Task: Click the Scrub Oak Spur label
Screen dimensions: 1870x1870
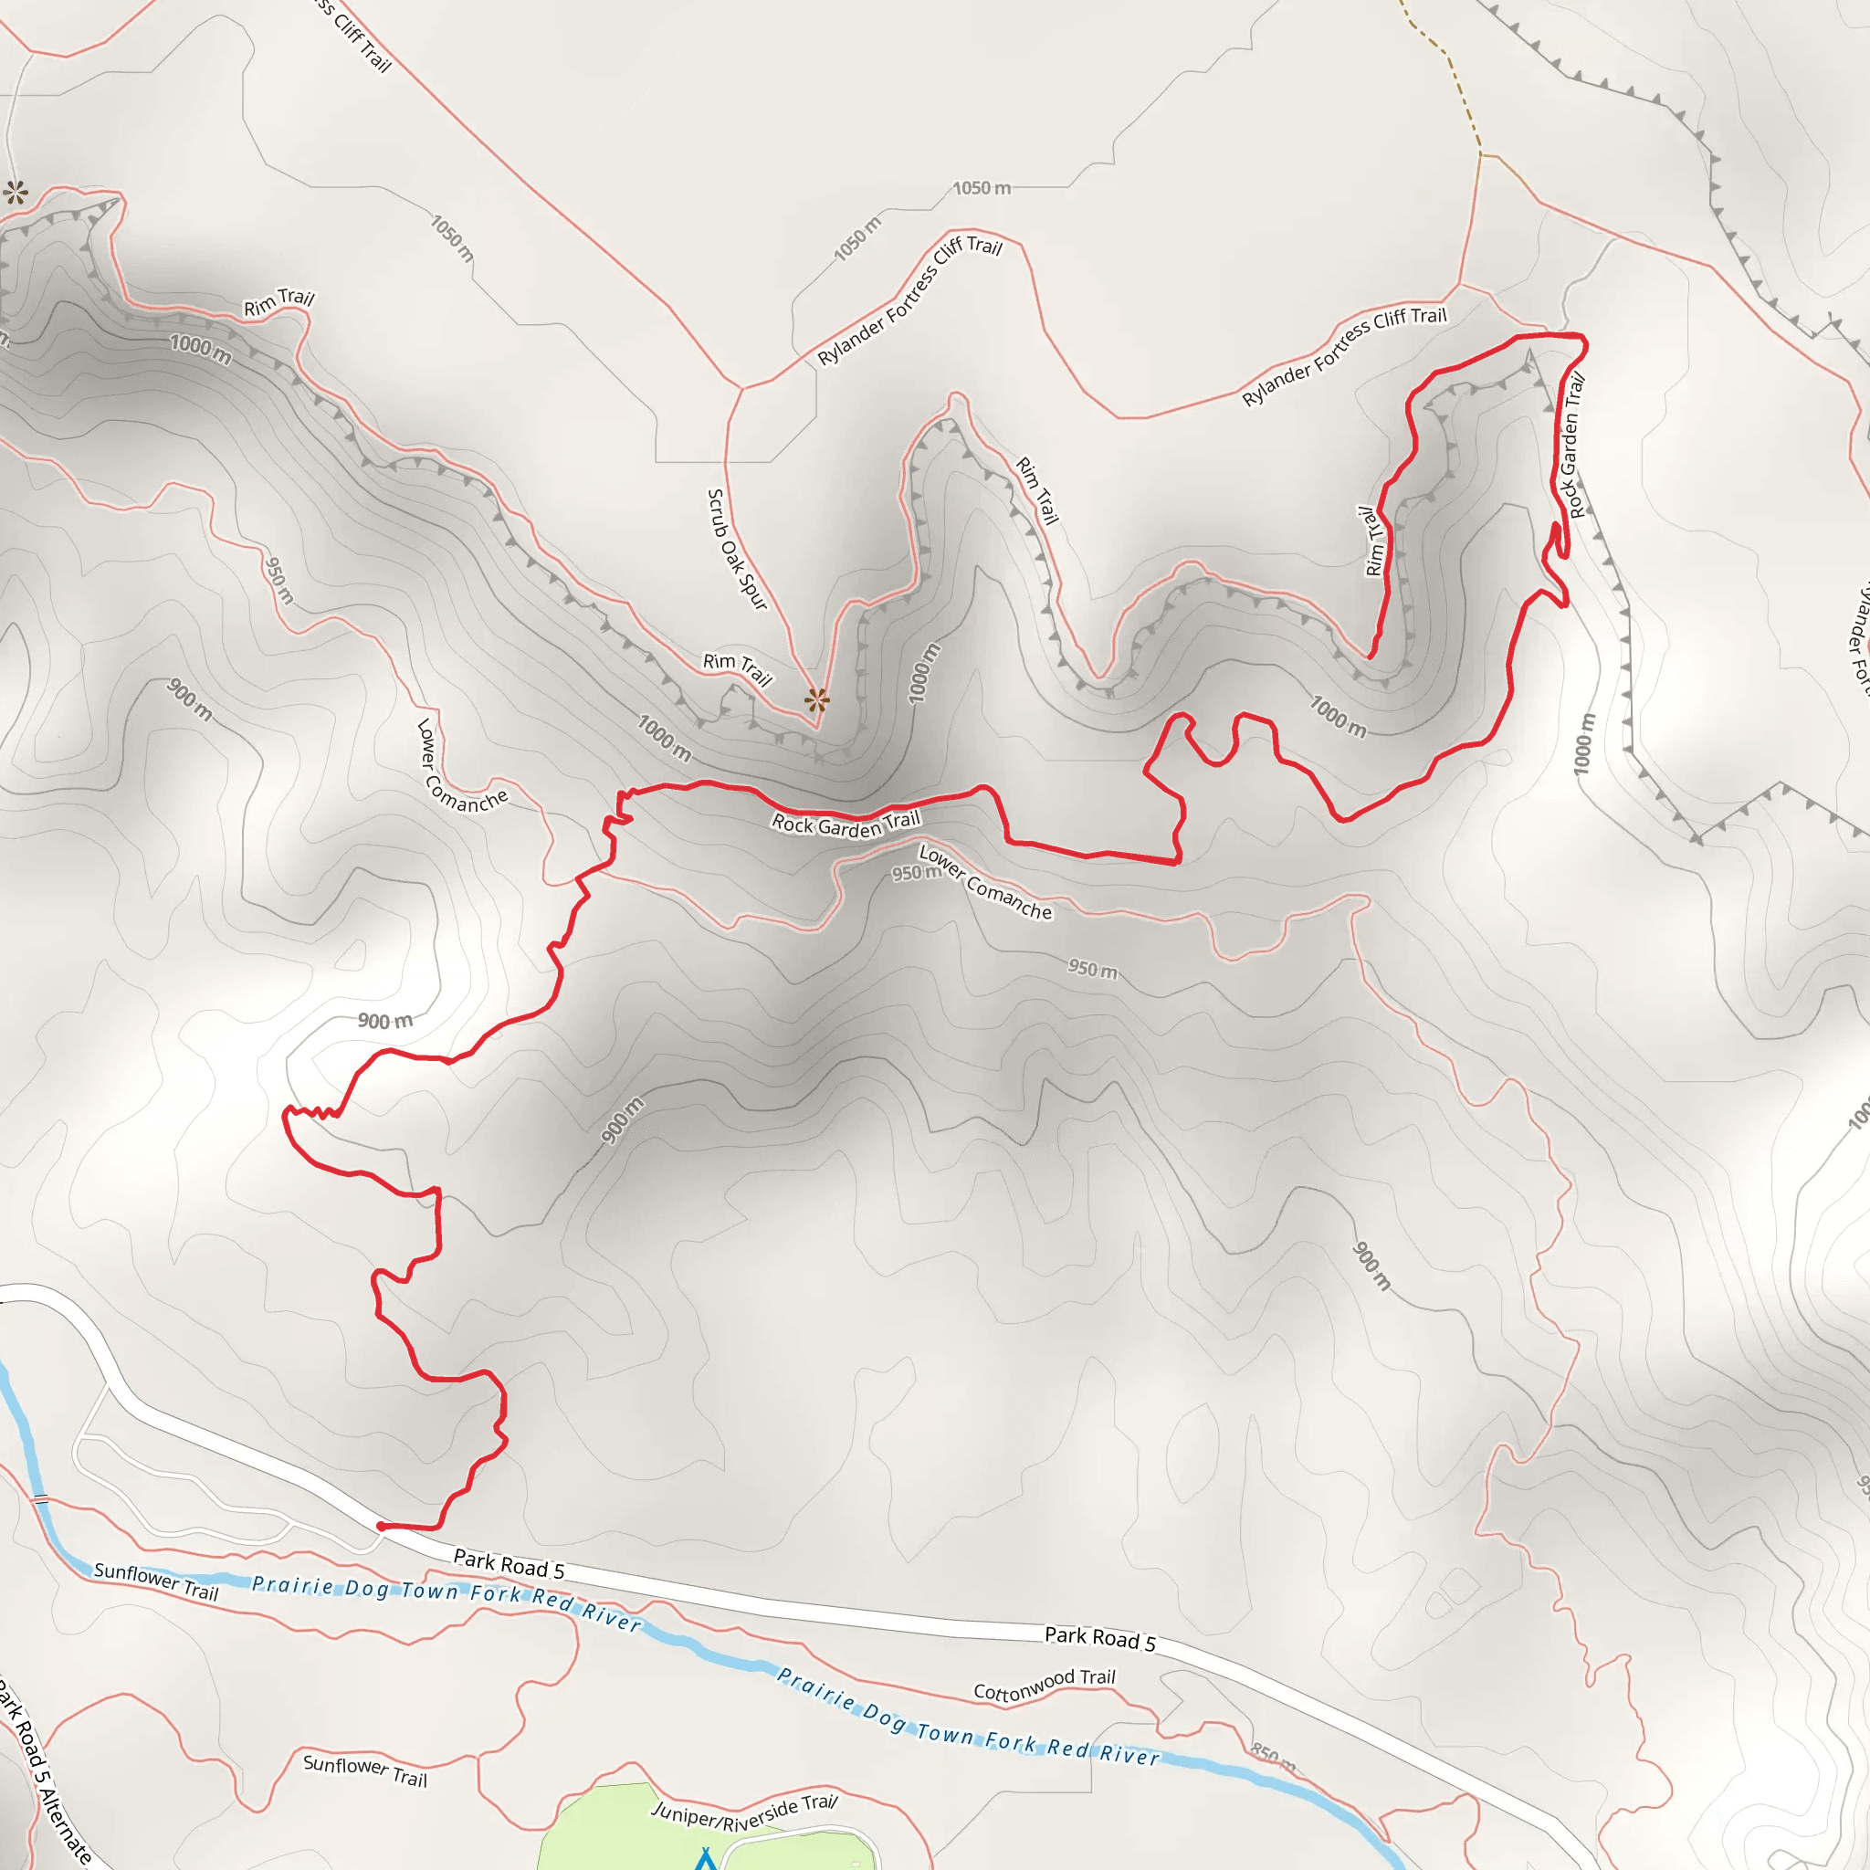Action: [x=737, y=549]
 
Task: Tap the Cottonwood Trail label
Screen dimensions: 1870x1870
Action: [x=1045, y=1684]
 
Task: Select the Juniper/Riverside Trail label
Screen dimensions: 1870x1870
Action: [x=744, y=1812]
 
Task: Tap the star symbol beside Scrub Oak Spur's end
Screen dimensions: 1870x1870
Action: [x=817, y=699]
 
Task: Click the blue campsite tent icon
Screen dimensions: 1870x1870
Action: [x=706, y=1859]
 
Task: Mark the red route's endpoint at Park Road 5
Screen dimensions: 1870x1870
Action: [x=381, y=1527]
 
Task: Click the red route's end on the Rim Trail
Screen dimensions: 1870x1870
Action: [x=1369, y=657]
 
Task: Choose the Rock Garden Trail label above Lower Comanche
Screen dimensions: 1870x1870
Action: [x=845, y=823]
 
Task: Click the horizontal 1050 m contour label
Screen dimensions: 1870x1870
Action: [x=982, y=188]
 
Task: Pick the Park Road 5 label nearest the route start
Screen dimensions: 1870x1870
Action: [x=509, y=1563]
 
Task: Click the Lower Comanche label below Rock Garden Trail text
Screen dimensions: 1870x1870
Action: [x=984, y=883]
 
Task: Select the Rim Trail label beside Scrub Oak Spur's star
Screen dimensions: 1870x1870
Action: [x=738, y=667]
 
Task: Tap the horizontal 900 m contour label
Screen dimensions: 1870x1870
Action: [x=385, y=1021]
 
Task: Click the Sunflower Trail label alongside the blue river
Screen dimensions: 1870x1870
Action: [x=156, y=1581]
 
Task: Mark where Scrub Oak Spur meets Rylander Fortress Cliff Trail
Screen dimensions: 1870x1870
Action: [x=742, y=389]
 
